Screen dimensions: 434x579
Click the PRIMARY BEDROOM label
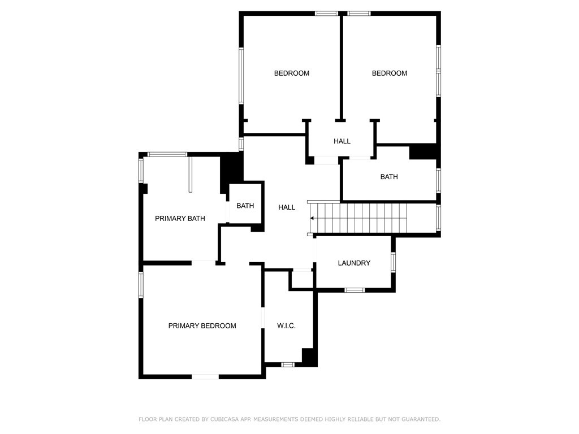coord(202,325)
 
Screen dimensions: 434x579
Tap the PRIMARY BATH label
coord(180,218)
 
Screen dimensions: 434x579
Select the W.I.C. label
coord(286,326)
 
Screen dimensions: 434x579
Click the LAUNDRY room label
coord(354,263)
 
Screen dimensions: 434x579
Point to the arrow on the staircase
coord(313,218)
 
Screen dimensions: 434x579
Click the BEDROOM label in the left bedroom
coord(292,73)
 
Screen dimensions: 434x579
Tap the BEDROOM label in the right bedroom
coord(389,73)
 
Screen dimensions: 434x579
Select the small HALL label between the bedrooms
coord(342,141)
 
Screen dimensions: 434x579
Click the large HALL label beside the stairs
coord(287,207)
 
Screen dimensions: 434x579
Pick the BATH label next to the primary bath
coord(245,206)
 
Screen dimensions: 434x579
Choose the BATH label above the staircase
coord(388,177)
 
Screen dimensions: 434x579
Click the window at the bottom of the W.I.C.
coord(288,364)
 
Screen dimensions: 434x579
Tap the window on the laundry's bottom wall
coord(355,290)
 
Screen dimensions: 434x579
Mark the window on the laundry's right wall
coord(393,262)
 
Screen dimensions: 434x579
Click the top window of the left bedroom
coord(326,13)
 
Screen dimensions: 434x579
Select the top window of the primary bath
coord(167,154)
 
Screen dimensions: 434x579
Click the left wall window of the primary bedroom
coord(141,284)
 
